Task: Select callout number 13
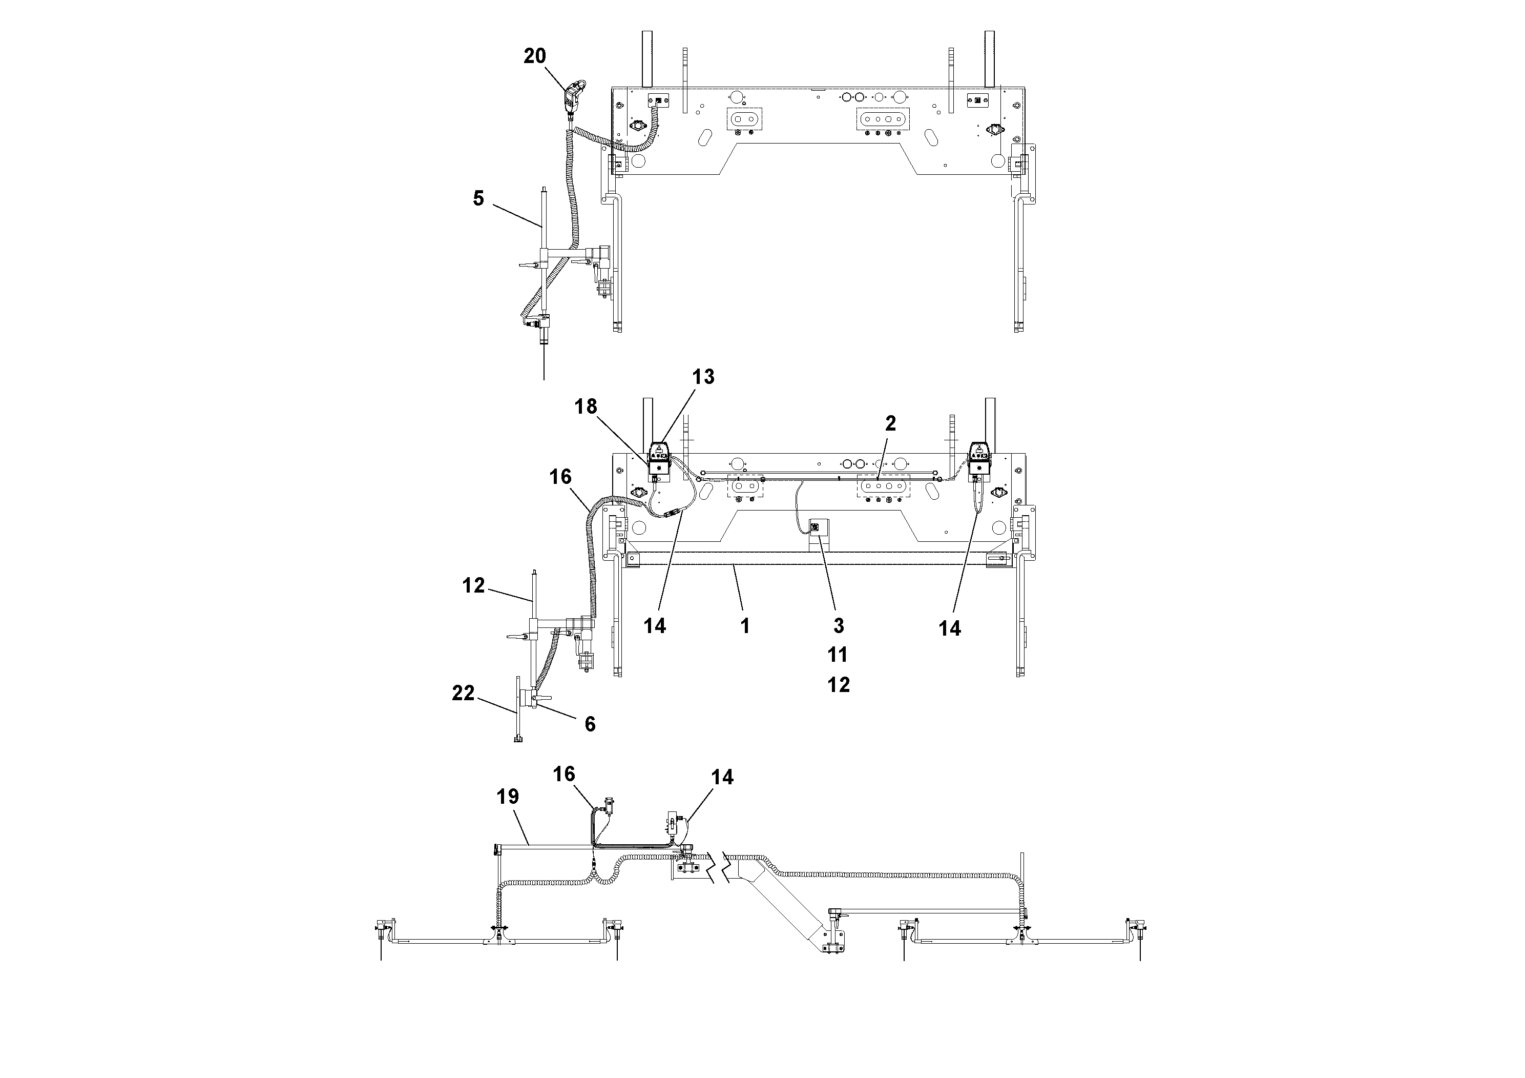703,377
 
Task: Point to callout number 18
586,406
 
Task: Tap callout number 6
590,724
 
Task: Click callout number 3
838,625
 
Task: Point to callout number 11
838,655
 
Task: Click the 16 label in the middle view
560,477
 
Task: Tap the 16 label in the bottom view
564,774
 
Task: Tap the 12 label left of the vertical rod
473,585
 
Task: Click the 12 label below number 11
838,684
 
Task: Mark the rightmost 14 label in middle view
949,628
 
